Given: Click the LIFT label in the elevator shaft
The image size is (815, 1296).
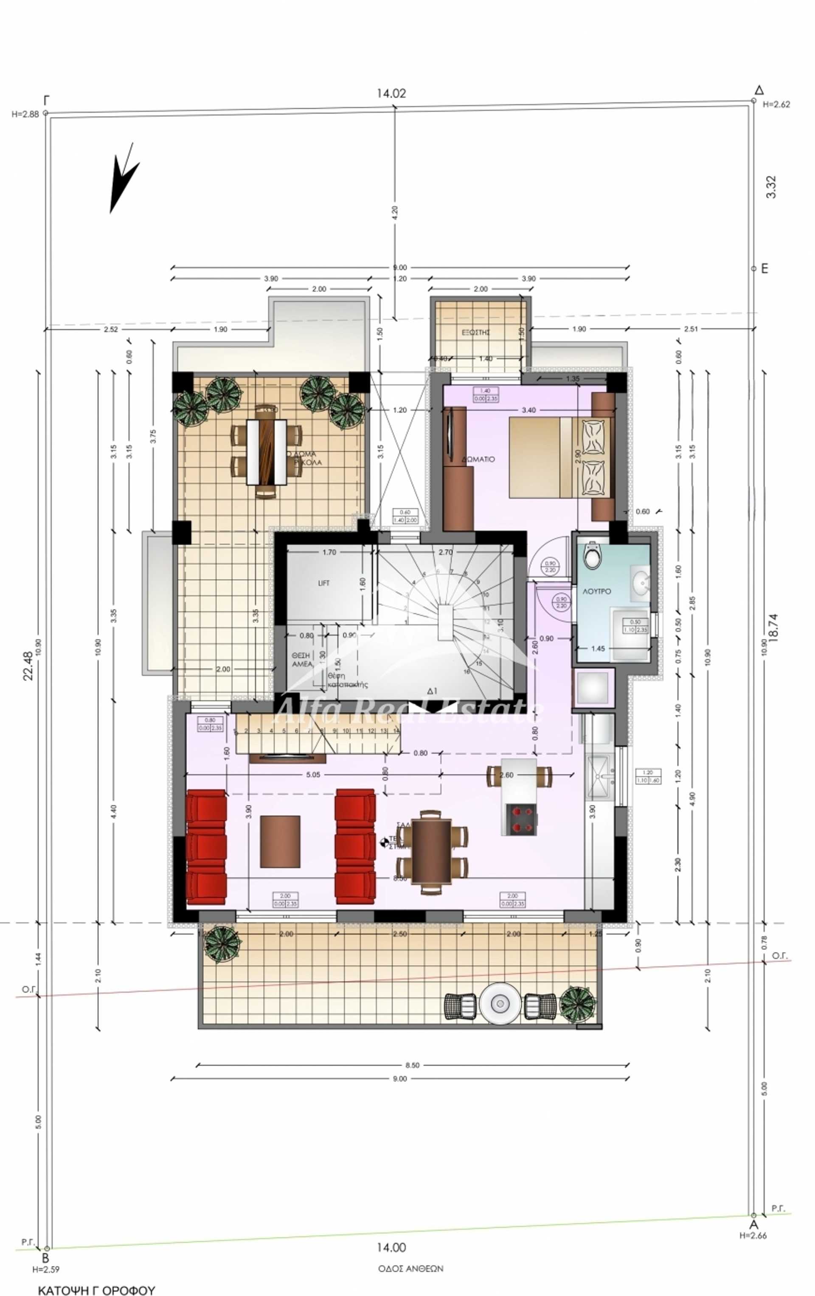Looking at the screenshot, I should [323, 583].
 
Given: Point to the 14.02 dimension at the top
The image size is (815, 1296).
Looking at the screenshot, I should [391, 93].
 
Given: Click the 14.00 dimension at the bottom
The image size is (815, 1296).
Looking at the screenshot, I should [391, 1247].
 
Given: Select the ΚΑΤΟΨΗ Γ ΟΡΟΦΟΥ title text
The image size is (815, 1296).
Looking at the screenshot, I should [96, 1290].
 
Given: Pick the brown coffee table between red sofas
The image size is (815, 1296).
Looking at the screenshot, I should [280, 841].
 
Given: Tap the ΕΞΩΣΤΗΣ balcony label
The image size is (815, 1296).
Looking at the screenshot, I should [475, 332].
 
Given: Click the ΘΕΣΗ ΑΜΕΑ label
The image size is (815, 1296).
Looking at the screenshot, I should [302, 660].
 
